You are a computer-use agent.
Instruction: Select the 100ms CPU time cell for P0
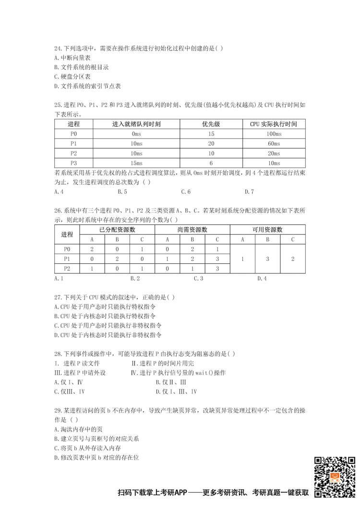point(274,133)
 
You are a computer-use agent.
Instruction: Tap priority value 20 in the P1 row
point(211,143)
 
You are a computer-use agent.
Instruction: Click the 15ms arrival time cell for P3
point(136,163)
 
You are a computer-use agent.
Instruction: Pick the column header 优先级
point(211,124)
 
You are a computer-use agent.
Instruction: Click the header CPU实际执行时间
point(274,124)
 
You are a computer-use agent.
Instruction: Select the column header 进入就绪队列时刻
point(136,124)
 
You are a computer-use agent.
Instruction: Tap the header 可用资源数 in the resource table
point(267,229)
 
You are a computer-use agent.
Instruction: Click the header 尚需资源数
point(192,229)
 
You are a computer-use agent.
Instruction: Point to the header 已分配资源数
point(117,229)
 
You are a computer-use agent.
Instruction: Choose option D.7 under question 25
point(249,192)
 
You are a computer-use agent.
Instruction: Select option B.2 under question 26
point(135,278)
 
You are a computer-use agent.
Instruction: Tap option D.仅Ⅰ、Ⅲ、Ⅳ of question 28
point(176,391)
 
